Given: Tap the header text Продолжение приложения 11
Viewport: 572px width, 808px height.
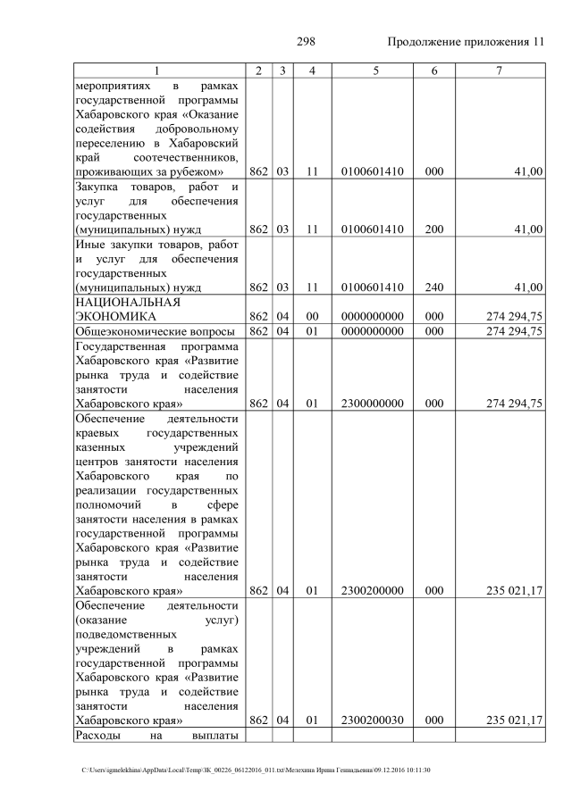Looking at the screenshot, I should pos(465,42).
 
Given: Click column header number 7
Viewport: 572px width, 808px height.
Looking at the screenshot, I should pos(499,71).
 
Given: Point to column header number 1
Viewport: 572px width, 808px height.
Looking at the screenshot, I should pos(158,71).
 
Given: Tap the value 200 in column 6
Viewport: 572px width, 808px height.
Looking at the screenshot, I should pos(434,229).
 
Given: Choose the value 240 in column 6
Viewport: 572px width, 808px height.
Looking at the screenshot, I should pos(434,287).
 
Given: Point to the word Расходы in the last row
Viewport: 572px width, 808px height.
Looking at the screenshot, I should pos(100,734).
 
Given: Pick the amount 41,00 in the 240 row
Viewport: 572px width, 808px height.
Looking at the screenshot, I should pos(527,287).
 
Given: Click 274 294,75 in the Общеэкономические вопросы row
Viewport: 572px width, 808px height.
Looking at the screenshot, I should pos(513,331).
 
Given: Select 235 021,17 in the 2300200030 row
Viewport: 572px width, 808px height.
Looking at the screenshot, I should pos(513,720).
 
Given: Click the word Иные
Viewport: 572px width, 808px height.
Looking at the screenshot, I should pos(92,244).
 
